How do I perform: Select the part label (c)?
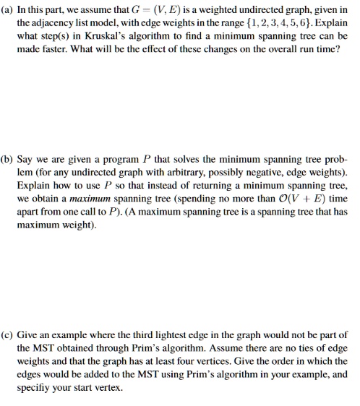(8, 336)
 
